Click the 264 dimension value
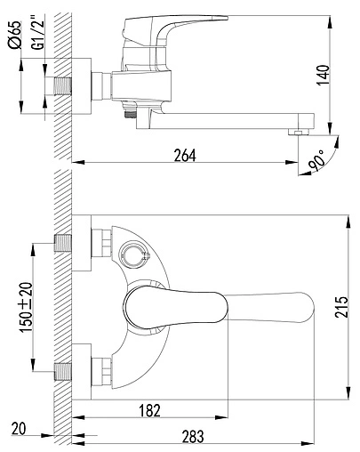pos(184,153)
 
